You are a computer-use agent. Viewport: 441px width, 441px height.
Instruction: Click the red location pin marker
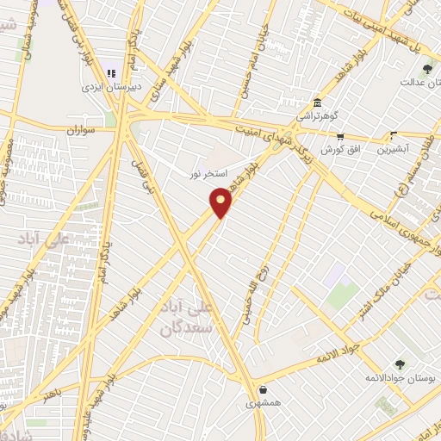(221, 202)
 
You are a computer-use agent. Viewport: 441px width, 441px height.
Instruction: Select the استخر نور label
(208, 174)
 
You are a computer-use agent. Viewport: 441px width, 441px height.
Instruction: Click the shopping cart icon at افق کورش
(340, 136)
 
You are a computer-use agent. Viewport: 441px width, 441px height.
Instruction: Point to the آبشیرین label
(394, 148)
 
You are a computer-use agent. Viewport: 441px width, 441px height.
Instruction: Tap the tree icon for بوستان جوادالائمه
(399, 363)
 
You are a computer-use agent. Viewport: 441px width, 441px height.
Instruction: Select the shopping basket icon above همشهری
(262, 389)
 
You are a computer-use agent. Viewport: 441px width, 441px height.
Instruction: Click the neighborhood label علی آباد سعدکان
(185, 317)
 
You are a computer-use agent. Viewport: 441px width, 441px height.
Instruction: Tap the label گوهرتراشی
(318, 115)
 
